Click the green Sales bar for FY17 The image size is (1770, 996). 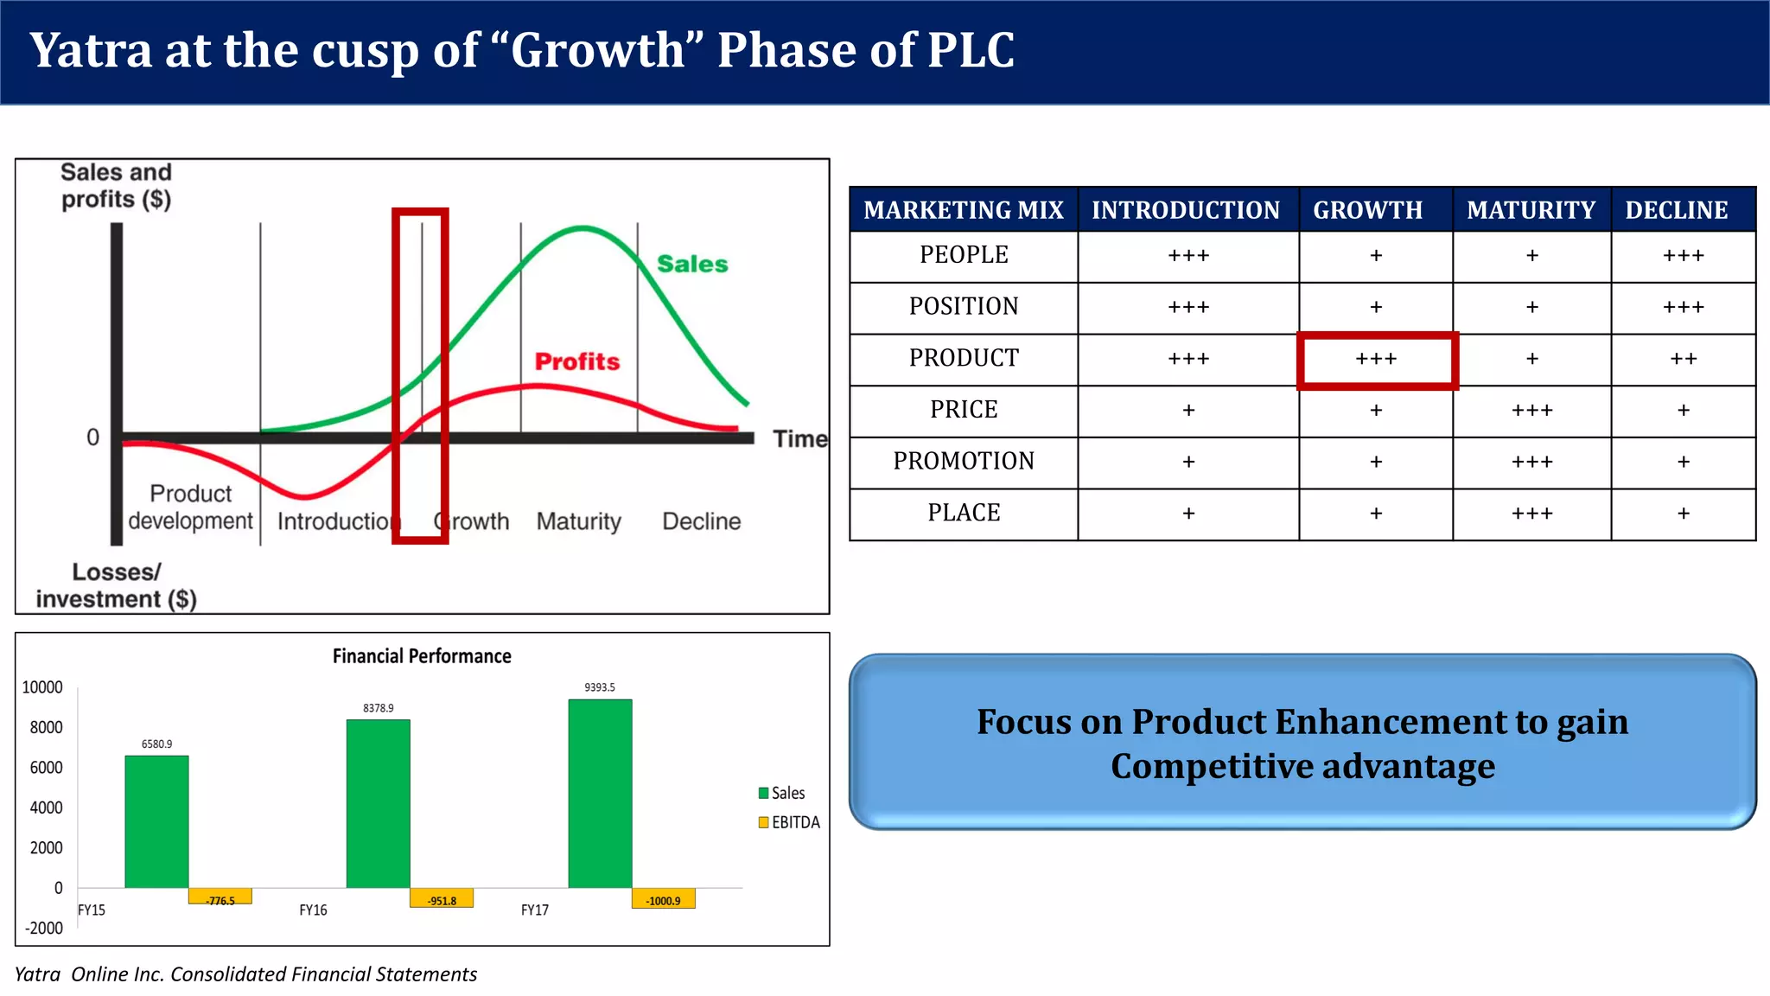pyautogui.click(x=600, y=793)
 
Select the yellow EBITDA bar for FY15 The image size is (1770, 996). pyautogui.click(x=220, y=897)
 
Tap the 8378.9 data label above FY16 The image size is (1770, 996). pyautogui.click(x=378, y=708)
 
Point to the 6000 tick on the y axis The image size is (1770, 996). pyautogui.click(x=46, y=768)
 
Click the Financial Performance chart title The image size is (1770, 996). pyautogui.click(x=422, y=656)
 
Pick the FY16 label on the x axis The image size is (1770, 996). pyautogui.click(x=313, y=910)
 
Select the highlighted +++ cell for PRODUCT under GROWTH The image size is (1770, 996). pyautogui.click(x=1376, y=359)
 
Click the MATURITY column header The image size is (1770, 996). pyautogui.click(x=1531, y=210)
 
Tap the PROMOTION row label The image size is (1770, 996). pyautogui.click(x=964, y=462)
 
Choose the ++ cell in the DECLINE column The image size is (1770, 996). pyautogui.click(x=1683, y=359)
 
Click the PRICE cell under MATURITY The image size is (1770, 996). pyautogui.click(x=1531, y=411)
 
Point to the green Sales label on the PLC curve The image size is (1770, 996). pyautogui.click(x=692, y=264)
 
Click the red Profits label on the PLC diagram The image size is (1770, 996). pyautogui.click(x=577, y=361)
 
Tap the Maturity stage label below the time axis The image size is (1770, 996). pyautogui.click(x=578, y=521)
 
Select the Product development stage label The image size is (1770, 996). pyautogui.click(x=190, y=508)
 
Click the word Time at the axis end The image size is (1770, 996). pyautogui.click(x=799, y=439)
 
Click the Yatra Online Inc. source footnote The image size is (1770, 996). pyautogui.click(x=245, y=974)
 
